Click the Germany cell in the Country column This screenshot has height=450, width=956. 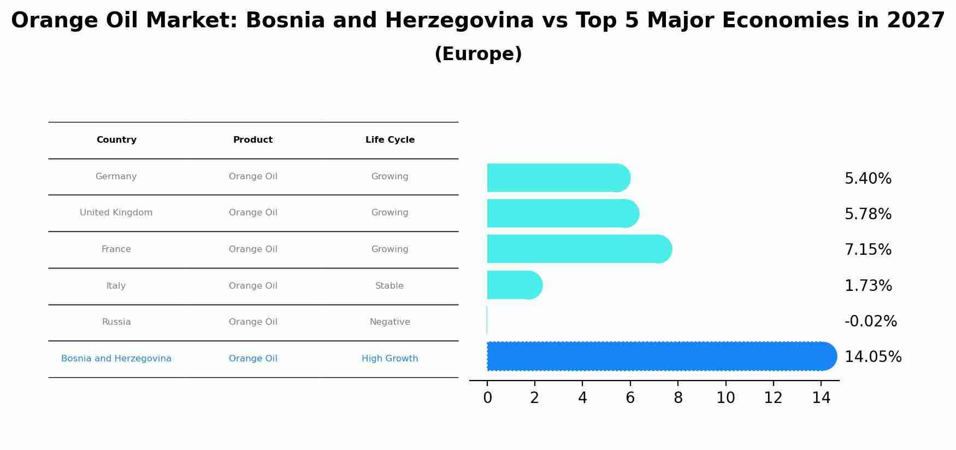tap(116, 177)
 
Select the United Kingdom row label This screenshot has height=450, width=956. tap(116, 213)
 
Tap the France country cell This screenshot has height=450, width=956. tap(116, 249)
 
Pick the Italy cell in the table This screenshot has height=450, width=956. tap(116, 286)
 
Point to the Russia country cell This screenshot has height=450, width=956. tap(116, 322)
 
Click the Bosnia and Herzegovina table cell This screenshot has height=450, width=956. tap(116, 359)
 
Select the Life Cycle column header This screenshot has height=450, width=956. tap(390, 140)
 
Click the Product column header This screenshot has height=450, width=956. tap(252, 140)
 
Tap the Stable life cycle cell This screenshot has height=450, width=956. tap(389, 286)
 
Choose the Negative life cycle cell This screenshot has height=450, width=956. tap(390, 322)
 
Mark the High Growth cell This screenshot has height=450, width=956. tap(390, 359)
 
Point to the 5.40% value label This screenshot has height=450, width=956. tap(868, 179)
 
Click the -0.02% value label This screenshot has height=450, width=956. tap(870, 322)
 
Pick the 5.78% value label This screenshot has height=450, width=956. tap(868, 214)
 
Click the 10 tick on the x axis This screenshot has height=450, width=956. tap(725, 398)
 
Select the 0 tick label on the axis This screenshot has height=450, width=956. tap(487, 398)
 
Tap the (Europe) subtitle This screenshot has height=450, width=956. tap(478, 54)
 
